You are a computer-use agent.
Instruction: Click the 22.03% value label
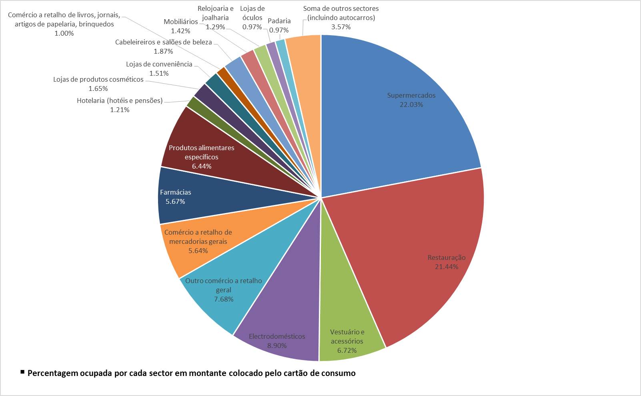(411, 105)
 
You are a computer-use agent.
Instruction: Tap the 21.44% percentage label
(447, 267)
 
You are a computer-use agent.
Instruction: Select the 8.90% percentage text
(277, 346)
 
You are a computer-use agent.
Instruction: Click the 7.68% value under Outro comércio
(224, 300)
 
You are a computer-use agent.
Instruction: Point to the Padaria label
(279, 21)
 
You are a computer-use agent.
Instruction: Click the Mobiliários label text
(180, 22)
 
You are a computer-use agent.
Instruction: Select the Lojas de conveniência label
(159, 64)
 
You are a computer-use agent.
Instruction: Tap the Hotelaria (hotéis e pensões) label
(120, 101)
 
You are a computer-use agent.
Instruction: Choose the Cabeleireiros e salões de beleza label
(163, 42)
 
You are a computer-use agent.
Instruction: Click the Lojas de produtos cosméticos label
(98, 79)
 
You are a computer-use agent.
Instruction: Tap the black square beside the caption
(22, 372)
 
